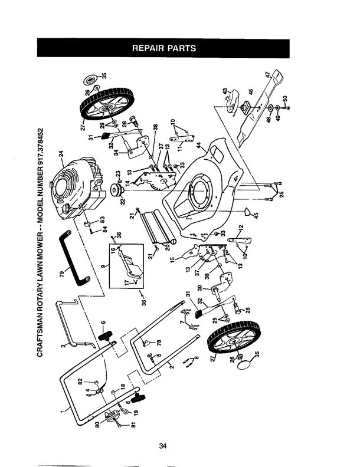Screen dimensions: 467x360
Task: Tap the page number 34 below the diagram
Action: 163,446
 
